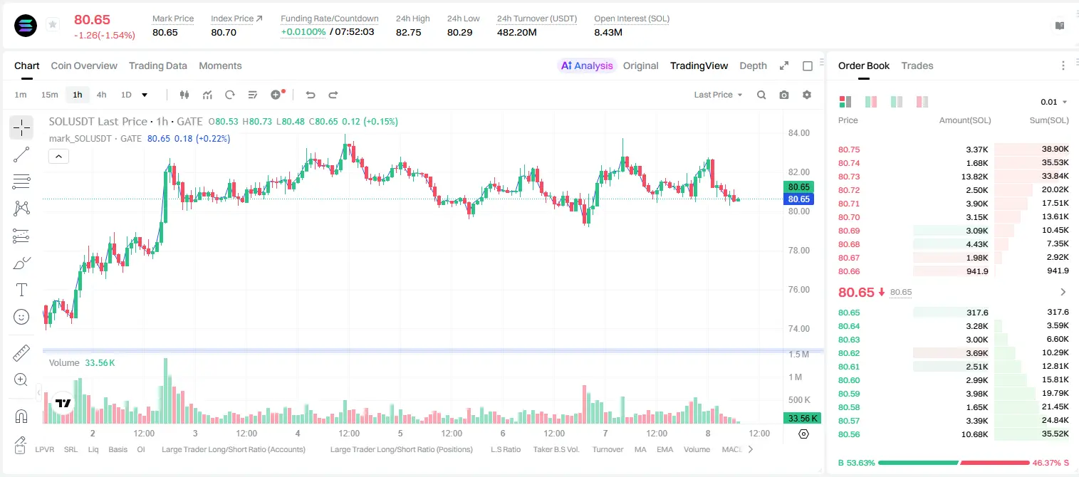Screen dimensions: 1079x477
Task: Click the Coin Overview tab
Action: pos(84,65)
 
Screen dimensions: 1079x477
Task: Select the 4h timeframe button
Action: pos(101,95)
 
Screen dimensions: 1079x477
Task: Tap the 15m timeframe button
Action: pos(49,95)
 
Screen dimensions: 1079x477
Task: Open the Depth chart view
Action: pos(753,65)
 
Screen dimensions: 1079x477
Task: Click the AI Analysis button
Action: pos(587,65)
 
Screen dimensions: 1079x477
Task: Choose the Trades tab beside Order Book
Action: pos(917,65)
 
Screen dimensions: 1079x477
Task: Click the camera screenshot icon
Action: pos(783,95)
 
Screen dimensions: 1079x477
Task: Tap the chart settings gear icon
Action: pos(807,95)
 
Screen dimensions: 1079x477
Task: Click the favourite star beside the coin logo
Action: pos(53,24)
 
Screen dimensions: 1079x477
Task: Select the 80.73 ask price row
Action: pos(849,177)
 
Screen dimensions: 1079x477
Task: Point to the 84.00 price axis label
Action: pos(798,133)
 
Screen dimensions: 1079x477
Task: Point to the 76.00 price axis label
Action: pos(798,289)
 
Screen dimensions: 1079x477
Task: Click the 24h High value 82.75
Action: pos(409,32)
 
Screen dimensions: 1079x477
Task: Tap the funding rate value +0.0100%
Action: pos(303,32)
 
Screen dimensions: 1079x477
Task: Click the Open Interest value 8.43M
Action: pos(608,32)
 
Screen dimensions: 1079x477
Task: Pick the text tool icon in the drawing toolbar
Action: pos(21,290)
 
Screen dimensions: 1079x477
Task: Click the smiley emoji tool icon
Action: pos(21,317)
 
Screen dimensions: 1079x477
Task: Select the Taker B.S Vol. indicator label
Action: pos(556,449)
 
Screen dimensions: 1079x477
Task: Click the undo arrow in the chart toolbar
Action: pos(311,95)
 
